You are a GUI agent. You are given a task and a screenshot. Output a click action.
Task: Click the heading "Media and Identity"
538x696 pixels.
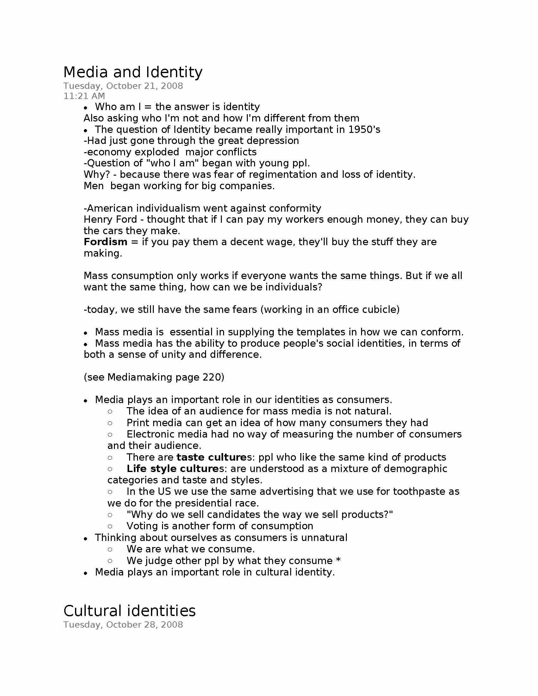pos(133,72)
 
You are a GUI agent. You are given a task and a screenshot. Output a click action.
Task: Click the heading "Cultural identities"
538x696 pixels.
pos(129,611)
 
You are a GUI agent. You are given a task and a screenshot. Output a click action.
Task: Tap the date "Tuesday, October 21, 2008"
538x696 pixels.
pos(123,86)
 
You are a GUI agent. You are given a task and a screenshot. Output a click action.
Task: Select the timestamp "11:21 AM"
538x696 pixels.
pos(84,96)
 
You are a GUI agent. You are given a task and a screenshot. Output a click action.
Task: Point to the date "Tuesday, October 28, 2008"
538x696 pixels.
pos(123,625)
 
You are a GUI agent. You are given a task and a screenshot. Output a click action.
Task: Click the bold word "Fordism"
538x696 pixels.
pos(105,242)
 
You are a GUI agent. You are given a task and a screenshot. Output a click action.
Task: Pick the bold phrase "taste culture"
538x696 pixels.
pos(212,457)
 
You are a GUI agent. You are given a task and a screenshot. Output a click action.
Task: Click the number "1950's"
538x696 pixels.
pos(364,130)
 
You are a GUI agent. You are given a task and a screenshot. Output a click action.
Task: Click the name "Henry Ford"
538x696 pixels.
pos(110,220)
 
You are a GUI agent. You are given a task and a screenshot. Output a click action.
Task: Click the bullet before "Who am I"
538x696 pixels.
pos(85,107)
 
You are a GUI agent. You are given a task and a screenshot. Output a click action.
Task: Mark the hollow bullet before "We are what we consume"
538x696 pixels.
pos(110,550)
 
